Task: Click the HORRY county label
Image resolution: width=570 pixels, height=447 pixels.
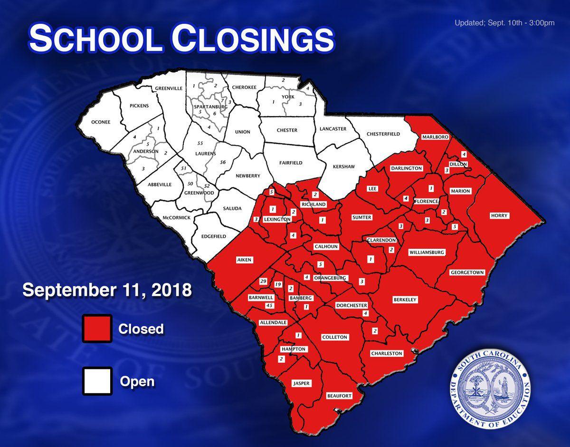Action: click(499, 216)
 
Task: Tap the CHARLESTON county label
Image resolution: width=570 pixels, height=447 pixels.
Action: click(387, 353)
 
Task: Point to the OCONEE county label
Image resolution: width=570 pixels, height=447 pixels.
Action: click(101, 122)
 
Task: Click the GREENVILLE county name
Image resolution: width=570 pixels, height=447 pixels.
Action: click(169, 88)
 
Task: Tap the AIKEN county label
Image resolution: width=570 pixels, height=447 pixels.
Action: click(246, 260)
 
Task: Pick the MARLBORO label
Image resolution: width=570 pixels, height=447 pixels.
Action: click(435, 137)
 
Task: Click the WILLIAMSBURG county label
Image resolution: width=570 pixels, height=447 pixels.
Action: click(427, 253)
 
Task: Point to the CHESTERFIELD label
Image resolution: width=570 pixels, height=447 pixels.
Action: click(383, 134)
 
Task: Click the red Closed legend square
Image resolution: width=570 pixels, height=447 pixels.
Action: click(97, 329)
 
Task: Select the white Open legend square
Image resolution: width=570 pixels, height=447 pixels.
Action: click(97, 381)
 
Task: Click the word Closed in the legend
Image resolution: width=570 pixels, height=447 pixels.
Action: click(141, 329)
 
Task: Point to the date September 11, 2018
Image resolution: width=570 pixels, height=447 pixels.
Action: click(107, 290)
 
